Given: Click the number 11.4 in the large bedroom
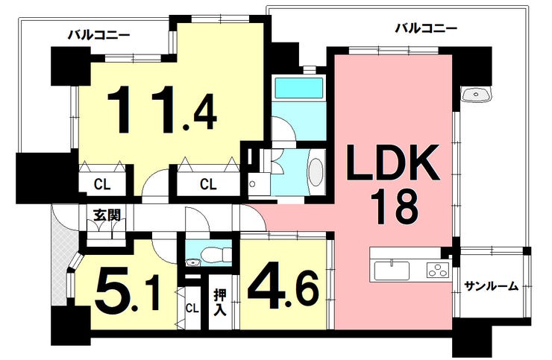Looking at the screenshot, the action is pyautogui.click(x=162, y=110).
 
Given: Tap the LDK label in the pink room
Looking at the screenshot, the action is pyautogui.click(x=393, y=162).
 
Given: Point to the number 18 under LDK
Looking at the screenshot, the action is pyautogui.click(x=395, y=206).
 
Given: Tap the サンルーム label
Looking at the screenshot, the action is pyautogui.click(x=491, y=286).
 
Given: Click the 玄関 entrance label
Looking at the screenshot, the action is pyautogui.click(x=107, y=215).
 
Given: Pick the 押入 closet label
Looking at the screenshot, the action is pyautogui.click(x=220, y=303).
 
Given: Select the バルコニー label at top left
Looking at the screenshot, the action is pyautogui.click(x=99, y=35).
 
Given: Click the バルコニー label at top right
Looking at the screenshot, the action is pyautogui.click(x=426, y=28).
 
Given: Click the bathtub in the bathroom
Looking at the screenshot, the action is pyautogui.click(x=298, y=88).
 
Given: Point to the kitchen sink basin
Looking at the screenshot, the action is pyautogui.click(x=392, y=271).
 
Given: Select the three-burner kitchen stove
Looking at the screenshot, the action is pyautogui.click(x=439, y=271).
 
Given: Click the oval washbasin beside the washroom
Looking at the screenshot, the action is pyautogui.click(x=316, y=171).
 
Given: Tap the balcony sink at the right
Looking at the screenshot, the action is pyautogui.click(x=476, y=95).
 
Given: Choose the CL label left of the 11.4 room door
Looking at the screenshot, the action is pyautogui.click(x=102, y=183).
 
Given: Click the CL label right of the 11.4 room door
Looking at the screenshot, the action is pyautogui.click(x=208, y=183).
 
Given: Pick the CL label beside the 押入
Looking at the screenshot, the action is pyautogui.click(x=192, y=309).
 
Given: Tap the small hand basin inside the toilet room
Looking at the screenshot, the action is pyautogui.click(x=193, y=262).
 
